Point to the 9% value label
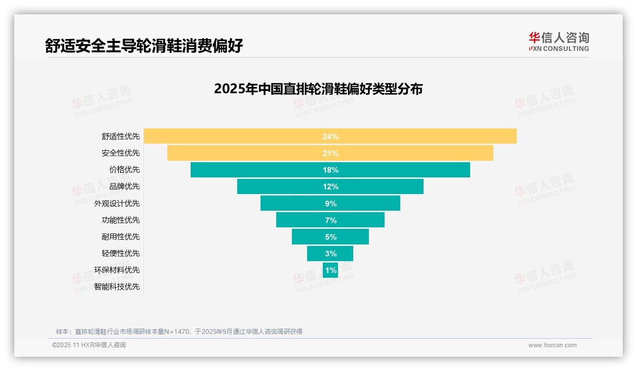click(330, 204)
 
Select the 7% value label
click(330, 220)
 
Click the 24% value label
click(330, 137)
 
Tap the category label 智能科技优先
click(117, 287)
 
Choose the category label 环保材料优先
click(117, 270)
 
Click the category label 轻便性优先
click(121, 254)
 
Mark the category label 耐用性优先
click(121, 237)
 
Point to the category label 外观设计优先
click(117, 204)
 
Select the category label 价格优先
click(125, 170)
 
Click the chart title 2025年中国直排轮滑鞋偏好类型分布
click(318, 89)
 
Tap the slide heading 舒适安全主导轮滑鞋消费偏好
click(144, 46)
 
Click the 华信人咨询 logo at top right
click(559, 42)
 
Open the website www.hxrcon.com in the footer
click(552, 345)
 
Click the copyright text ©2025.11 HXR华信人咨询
click(89, 345)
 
